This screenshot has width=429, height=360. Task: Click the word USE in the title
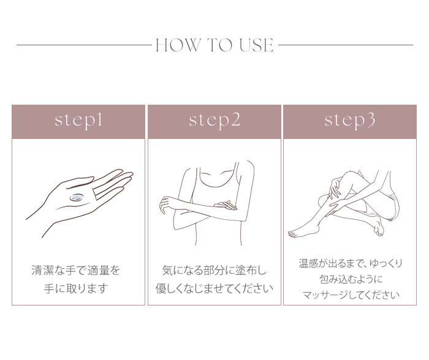pyautogui.click(x=256, y=45)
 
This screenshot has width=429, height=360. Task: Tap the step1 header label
pyautogui.click(x=78, y=121)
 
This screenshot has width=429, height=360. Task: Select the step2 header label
pyautogui.click(x=214, y=121)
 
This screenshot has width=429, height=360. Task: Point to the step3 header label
pyautogui.click(x=350, y=121)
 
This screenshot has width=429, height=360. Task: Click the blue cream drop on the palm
pyautogui.click(x=77, y=197)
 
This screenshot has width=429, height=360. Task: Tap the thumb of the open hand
pyautogui.click(x=79, y=182)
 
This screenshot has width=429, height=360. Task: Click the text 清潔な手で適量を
pyautogui.click(x=76, y=271)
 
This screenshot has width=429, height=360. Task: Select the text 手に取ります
pyautogui.click(x=76, y=288)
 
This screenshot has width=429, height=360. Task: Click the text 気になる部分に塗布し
pyautogui.click(x=214, y=271)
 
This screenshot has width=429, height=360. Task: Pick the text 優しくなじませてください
pyautogui.click(x=214, y=288)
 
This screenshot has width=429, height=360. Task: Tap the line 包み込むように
pyautogui.click(x=351, y=279)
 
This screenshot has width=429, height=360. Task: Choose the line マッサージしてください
pyautogui.click(x=351, y=295)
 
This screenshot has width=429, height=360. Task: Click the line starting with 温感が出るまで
pyautogui.click(x=351, y=263)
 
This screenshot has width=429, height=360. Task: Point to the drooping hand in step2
pyautogui.click(x=166, y=204)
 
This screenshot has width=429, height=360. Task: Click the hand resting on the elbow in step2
pyautogui.click(x=226, y=205)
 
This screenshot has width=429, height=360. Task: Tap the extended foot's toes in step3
pyautogui.click(x=293, y=234)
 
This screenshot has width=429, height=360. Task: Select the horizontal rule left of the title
pyautogui.click(x=85, y=45)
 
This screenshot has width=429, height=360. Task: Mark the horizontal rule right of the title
pyautogui.click(x=346, y=45)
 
